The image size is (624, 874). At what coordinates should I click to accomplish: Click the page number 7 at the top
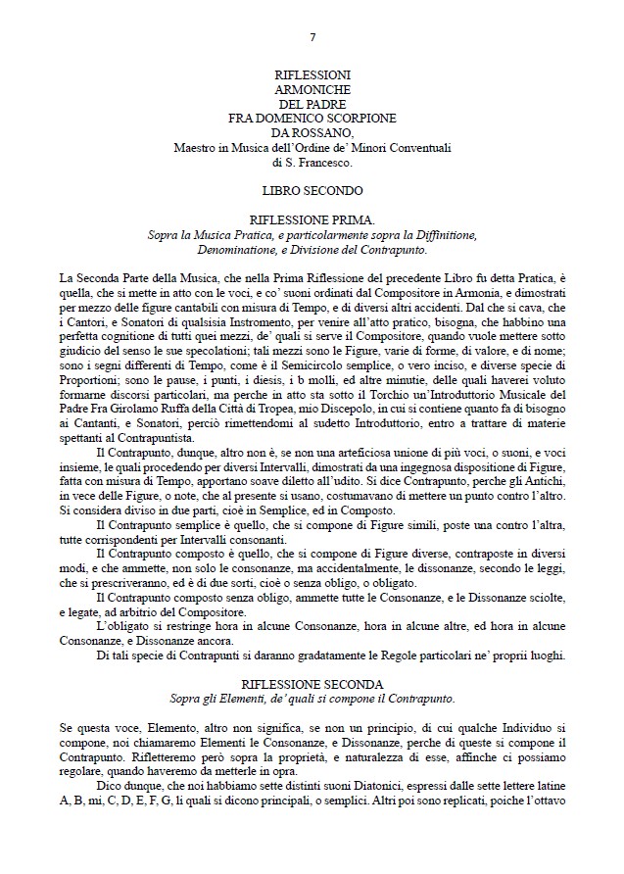point(312,38)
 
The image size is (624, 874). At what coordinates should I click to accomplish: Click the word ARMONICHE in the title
point(312,88)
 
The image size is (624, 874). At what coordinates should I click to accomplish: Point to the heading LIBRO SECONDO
point(312,189)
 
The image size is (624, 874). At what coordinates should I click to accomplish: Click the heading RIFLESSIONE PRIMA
point(312,222)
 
